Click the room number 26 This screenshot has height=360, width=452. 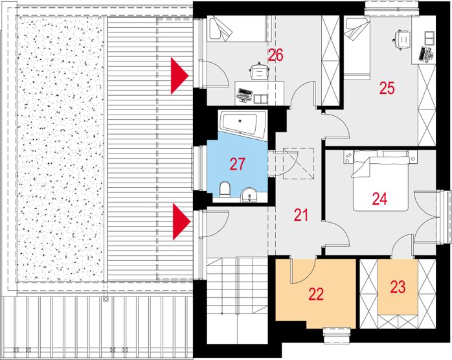point(275,55)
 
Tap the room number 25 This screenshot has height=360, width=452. point(387,88)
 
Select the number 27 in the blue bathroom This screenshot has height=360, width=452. point(237,164)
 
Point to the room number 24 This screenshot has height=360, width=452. point(379,199)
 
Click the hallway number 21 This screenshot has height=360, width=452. point(300,215)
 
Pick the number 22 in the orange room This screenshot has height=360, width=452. point(316,294)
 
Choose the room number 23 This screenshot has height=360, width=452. point(398,287)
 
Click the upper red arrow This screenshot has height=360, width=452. point(179,76)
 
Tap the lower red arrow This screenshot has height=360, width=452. point(181,221)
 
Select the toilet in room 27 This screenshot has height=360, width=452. point(225,189)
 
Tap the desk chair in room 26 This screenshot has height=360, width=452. point(260,71)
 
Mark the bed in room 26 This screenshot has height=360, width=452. point(239,29)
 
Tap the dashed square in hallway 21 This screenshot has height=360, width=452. point(299,163)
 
